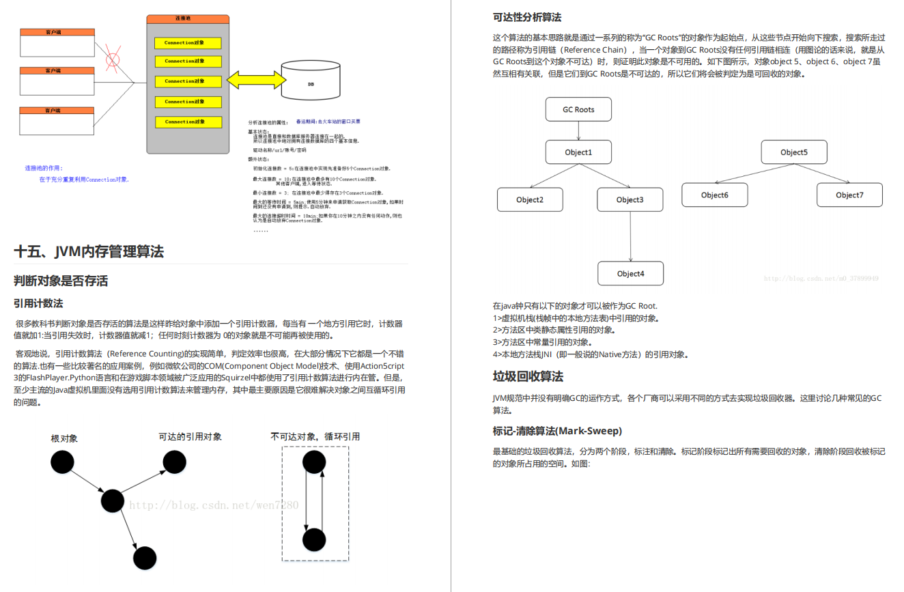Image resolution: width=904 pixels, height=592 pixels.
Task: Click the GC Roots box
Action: tap(578, 109)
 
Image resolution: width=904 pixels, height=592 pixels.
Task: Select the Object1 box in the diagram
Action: tap(578, 152)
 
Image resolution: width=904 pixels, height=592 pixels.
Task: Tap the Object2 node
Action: tap(530, 199)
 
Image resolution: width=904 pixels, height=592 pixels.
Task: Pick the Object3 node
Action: tap(630, 199)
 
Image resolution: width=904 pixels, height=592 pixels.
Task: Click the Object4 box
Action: tap(630, 273)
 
